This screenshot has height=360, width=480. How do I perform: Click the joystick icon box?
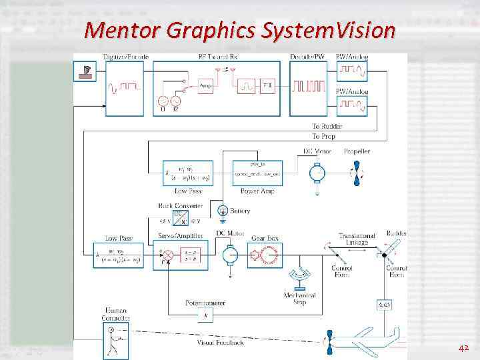coord(86,71)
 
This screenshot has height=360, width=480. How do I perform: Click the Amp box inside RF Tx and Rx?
coord(206,87)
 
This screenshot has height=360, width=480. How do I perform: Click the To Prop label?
coord(323,135)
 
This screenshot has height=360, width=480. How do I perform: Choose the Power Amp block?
coord(257,173)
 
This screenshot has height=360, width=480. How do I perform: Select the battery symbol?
coord(222,211)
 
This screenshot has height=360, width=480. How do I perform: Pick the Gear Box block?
coord(265,254)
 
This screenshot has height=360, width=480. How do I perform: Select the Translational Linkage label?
coord(357,239)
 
